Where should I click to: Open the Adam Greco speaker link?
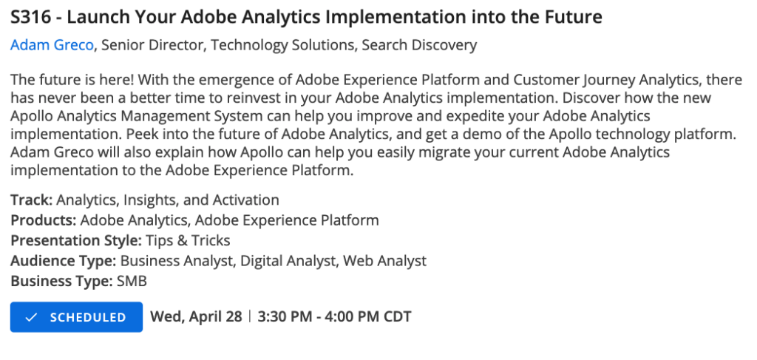point(52,45)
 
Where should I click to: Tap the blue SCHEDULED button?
point(76,317)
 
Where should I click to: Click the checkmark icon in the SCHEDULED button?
point(31,317)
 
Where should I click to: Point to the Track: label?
point(31,200)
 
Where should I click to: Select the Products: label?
point(43,220)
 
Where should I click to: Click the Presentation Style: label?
point(75,240)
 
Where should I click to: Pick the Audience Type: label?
point(63,260)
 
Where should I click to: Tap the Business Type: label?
point(61,281)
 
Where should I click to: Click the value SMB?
point(132,281)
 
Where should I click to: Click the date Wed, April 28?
point(196,317)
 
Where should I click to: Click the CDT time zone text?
point(396,317)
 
